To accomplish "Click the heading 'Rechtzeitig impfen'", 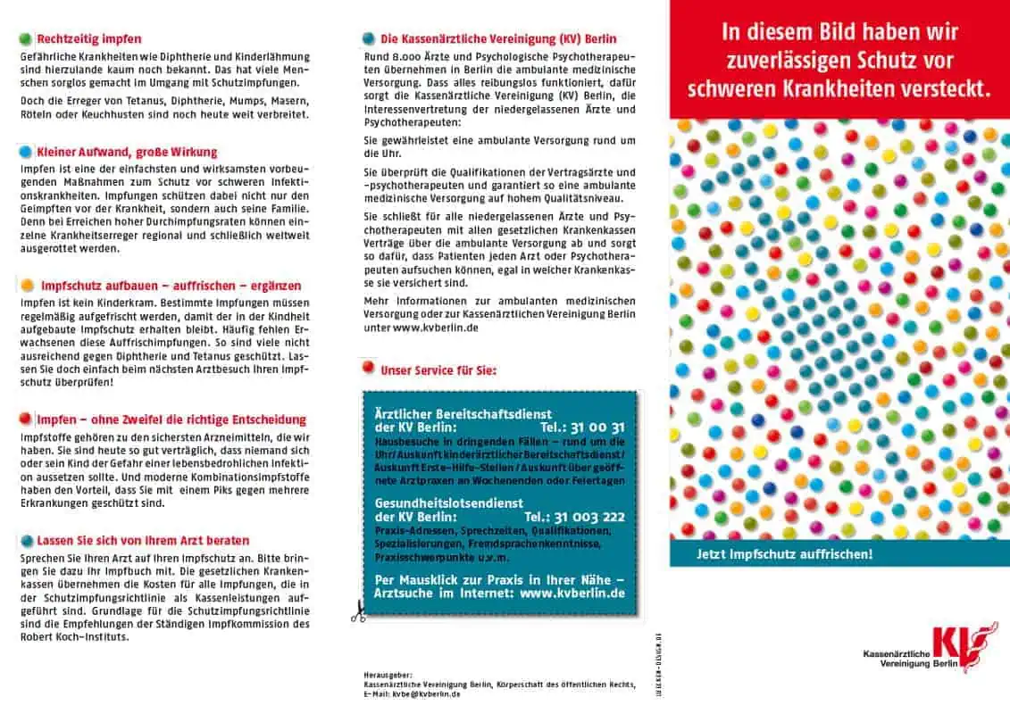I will pos(88,39).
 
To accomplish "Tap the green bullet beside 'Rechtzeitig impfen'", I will pos(26,39).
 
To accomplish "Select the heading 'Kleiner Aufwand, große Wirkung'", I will pos(127,153).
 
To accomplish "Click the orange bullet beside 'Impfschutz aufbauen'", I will pos(27,286).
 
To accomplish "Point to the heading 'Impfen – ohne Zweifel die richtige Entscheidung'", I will pos(171,419).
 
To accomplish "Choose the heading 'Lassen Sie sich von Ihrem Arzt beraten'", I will pos(143,541).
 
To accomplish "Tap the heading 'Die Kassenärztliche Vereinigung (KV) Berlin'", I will pos(497,39).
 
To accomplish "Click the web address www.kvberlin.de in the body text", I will pos(435,328).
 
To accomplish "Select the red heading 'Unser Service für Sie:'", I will pos(438,370).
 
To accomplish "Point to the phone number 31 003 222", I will pos(587,517).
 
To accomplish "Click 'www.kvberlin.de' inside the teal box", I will pos(572,593).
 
